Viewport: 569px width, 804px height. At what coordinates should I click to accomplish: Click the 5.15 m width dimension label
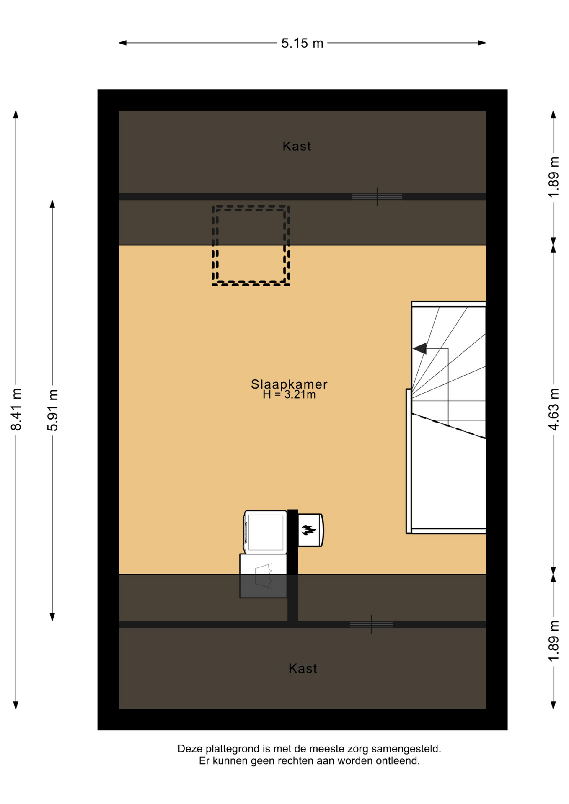(302, 43)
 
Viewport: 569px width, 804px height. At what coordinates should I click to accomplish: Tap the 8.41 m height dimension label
(16, 409)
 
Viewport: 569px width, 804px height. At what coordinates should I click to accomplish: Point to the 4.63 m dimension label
(553, 409)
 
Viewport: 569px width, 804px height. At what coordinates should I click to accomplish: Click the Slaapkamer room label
(289, 384)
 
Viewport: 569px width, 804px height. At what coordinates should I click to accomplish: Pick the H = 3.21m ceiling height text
(289, 394)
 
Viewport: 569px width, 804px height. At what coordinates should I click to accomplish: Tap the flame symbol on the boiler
(309, 530)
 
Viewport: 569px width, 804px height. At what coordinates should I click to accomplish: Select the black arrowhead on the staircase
(420, 348)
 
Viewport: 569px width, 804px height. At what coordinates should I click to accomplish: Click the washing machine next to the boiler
(266, 532)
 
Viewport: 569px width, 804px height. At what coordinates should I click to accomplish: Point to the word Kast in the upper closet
(297, 146)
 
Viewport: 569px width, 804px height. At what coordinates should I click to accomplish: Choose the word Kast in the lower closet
(303, 668)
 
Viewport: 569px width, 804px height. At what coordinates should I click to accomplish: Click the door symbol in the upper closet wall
(377, 196)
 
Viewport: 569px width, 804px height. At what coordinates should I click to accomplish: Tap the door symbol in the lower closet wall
(371, 624)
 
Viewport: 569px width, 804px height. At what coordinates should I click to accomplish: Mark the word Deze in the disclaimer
(190, 749)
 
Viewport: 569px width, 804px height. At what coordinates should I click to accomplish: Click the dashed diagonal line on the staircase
(449, 426)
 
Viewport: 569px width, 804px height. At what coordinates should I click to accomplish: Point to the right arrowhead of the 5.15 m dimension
(482, 43)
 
